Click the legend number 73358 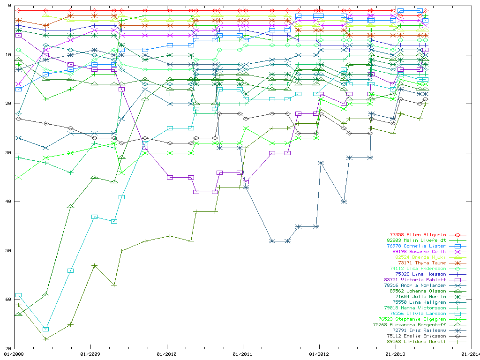click(x=397, y=235)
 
